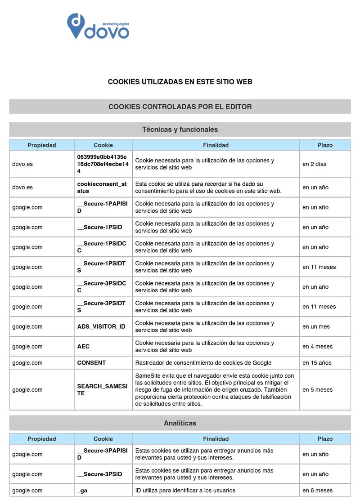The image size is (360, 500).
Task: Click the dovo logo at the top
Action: [x=98, y=26]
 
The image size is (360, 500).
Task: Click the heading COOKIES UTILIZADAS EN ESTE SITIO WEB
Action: [x=180, y=82]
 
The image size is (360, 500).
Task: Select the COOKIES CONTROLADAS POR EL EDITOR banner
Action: [x=180, y=107]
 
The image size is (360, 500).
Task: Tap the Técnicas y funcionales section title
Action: [x=180, y=129]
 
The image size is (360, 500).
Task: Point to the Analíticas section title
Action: [x=180, y=423]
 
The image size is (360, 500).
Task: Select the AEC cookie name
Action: [x=84, y=347]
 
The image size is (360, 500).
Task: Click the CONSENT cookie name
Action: [x=91, y=363]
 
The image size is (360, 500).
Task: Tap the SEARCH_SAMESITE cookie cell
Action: [x=102, y=390]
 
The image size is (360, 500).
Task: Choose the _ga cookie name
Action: [x=82, y=491]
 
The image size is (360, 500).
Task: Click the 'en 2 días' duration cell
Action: [x=315, y=164]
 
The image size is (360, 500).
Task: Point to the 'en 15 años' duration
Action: [x=317, y=363]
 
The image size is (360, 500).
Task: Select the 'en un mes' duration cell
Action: [x=316, y=327]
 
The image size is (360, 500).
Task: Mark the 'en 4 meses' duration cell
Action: [x=317, y=347]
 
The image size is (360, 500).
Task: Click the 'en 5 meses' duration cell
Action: [x=317, y=390]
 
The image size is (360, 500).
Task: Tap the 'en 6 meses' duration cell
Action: [x=317, y=491]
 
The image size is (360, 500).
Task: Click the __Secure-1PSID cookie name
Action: [x=99, y=228]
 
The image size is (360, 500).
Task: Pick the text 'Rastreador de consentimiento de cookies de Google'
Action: [x=203, y=363]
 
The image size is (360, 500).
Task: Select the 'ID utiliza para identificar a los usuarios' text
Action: [x=185, y=491]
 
